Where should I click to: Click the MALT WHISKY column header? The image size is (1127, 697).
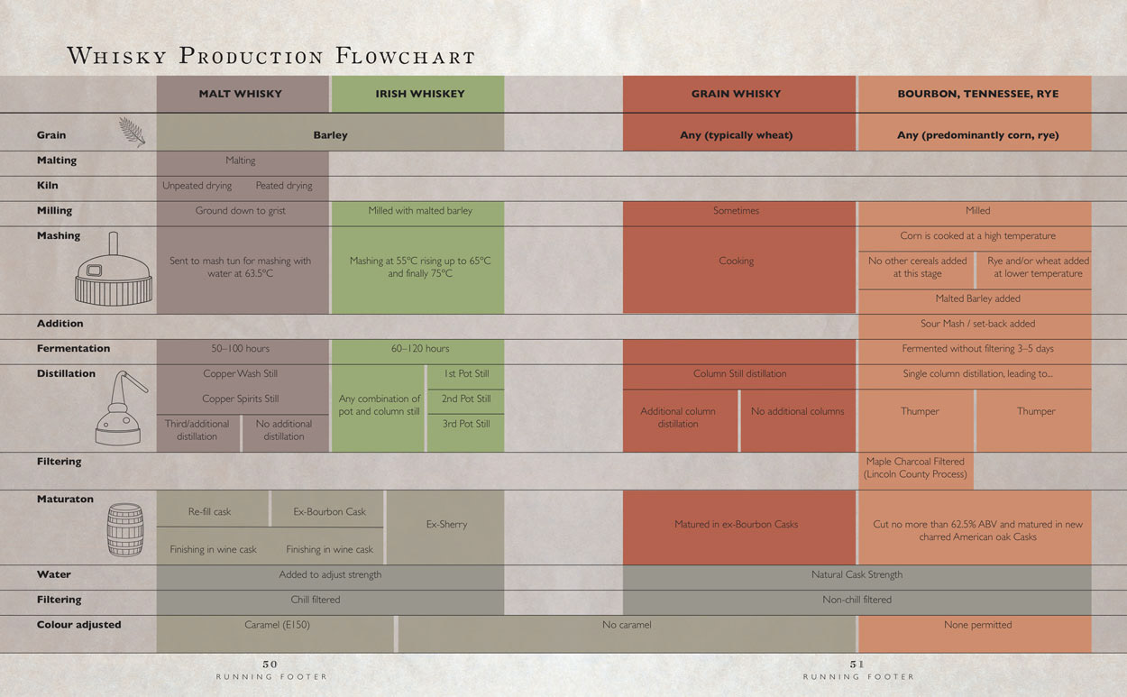241,94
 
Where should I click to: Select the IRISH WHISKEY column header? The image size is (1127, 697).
419,94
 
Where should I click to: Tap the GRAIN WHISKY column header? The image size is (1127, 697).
736,94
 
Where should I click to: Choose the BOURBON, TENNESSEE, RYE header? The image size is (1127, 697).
977,94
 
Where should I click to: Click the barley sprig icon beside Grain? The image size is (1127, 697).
132,132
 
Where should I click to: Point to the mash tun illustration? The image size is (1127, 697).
113,271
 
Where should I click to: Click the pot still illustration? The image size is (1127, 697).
118,411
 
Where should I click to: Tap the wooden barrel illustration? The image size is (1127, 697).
125,529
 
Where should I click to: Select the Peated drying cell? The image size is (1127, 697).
283,186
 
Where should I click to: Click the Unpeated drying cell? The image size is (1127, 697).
197,186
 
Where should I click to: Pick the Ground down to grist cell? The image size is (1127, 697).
241,211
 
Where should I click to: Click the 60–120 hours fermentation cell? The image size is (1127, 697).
419,349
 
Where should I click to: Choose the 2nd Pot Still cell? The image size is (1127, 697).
466,399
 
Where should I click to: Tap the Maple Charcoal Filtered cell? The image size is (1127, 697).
915,468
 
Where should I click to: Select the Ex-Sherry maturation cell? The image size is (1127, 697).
446,525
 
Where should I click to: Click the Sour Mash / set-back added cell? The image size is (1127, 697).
977,324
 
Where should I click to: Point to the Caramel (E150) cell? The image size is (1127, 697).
277,625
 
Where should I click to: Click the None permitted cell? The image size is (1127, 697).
977,625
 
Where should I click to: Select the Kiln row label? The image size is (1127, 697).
47,186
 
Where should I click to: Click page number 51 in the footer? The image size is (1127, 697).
857,665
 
